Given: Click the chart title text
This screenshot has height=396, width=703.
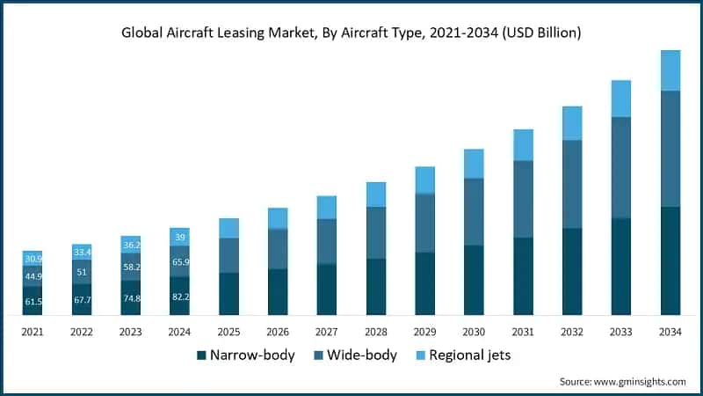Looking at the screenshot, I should coord(351,33).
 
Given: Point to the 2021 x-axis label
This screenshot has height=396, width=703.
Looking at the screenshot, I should coord(33,331).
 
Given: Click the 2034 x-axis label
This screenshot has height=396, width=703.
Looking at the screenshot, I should coord(670,331).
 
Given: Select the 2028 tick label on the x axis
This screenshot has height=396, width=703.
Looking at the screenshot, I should coord(376,331).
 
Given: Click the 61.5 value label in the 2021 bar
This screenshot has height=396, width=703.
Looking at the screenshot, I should coord(33,302).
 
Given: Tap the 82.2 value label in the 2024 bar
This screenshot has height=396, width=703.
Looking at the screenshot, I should coord(179,297).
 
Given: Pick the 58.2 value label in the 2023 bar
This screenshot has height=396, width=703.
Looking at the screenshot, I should coord(131,267).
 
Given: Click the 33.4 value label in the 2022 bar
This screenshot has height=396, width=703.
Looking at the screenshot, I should coord(82,253).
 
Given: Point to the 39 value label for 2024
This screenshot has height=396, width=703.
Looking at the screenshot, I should coord(179,237).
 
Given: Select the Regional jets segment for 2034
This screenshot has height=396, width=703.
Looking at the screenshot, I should coord(670,70).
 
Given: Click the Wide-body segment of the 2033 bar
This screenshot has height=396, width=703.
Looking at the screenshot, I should coord(621,167).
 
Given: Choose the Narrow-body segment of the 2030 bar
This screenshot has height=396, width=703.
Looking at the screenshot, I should coord(474,280).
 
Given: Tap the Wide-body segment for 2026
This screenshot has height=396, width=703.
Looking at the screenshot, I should coord(278,249).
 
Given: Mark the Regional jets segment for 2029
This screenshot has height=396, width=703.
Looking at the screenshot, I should coord(425,180).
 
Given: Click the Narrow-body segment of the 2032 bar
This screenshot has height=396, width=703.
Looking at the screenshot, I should coord(572,271).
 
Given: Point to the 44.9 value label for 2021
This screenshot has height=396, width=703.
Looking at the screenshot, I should coord(33,275).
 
